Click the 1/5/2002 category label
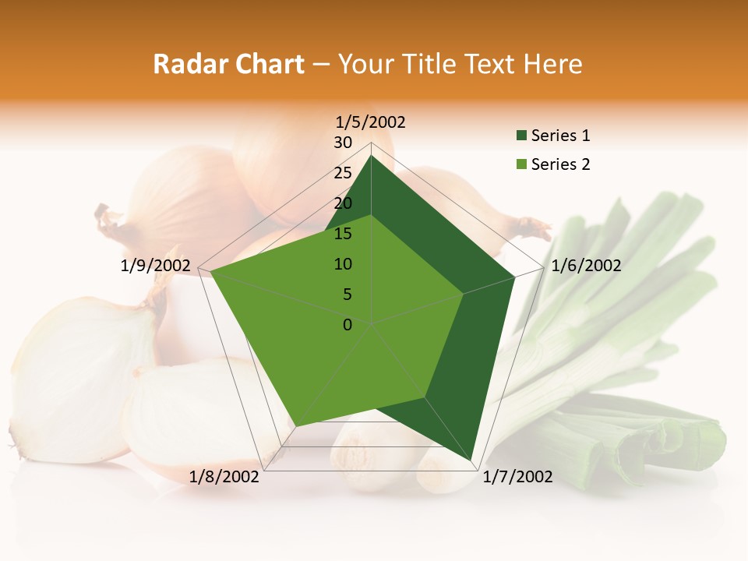[x=371, y=122]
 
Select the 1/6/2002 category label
[x=586, y=266]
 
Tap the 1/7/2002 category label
[x=517, y=477]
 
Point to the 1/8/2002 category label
[x=224, y=477]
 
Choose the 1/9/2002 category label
[x=156, y=266]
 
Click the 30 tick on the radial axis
[x=343, y=143]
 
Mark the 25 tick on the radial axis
[x=343, y=173]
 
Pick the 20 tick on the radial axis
[x=343, y=203]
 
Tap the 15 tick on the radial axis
[x=343, y=234]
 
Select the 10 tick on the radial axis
[x=343, y=264]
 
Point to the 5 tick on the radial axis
[x=347, y=295]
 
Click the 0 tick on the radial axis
[x=348, y=324]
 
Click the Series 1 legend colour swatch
[x=521, y=136]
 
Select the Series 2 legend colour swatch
[x=521, y=164]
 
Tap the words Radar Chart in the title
[x=228, y=64]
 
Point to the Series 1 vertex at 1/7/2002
[x=471, y=460]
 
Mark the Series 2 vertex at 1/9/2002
[x=211, y=272]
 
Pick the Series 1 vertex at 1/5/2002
[x=372, y=156]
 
